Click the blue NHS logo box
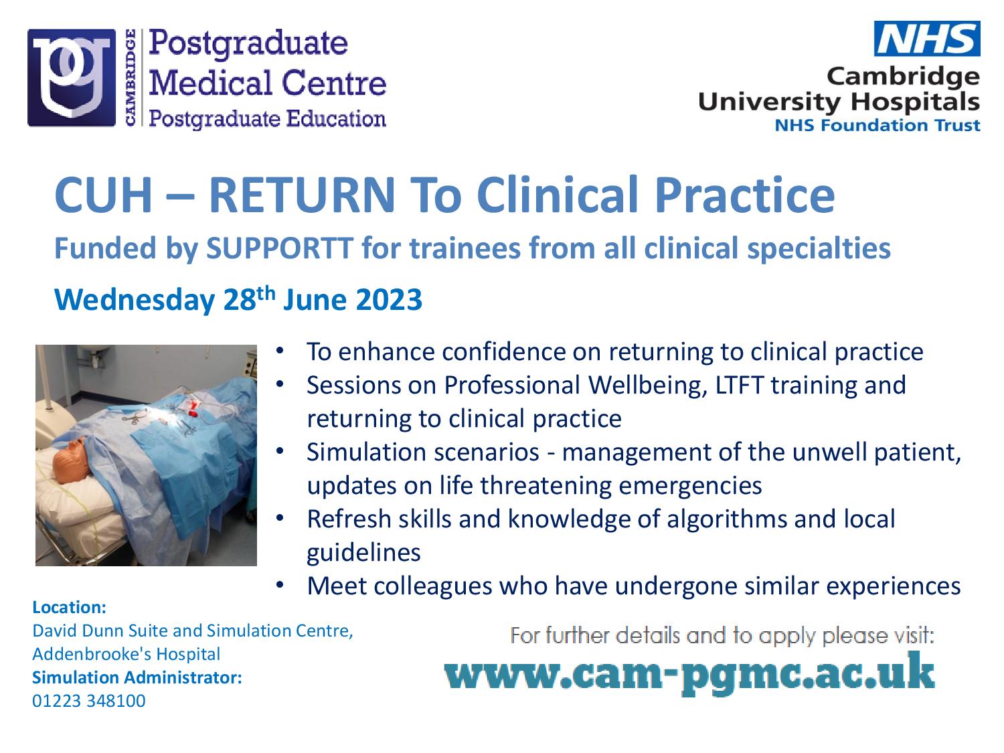pyautogui.click(x=927, y=38)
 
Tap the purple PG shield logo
pyautogui.click(x=72, y=78)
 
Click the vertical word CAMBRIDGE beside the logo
pyautogui.click(x=131, y=77)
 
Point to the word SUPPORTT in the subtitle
pyautogui.click(x=280, y=248)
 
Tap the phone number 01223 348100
pyautogui.click(x=89, y=701)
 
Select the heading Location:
pyautogui.click(x=69, y=607)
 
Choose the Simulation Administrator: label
pyautogui.click(x=137, y=677)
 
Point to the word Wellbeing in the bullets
pyautogui.click(x=645, y=386)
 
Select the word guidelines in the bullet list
pyautogui.click(x=363, y=553)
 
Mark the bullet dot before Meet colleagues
pyautogui.click(x=280, y=584)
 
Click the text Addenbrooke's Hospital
pyautogui.click(x=127, y=654)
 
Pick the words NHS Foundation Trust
pyautogui.click(x=877, y=125)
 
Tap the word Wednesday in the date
pyautogui.click(x=135, y=301)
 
